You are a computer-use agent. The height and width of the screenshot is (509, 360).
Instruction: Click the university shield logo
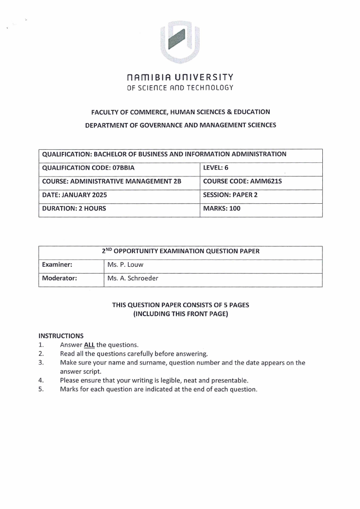(180, 42)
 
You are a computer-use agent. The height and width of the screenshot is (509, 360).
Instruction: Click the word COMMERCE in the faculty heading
(141, 112)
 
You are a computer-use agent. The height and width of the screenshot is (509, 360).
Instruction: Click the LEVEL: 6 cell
(216, 168)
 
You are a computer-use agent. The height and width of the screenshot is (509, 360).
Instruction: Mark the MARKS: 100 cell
(222, 209)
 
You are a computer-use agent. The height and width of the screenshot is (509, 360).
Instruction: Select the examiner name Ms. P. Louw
(125, 265)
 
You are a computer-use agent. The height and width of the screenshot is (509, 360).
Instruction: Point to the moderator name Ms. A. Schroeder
(133, 279)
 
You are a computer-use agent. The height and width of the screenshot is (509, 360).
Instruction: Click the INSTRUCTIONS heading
(61, 336)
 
